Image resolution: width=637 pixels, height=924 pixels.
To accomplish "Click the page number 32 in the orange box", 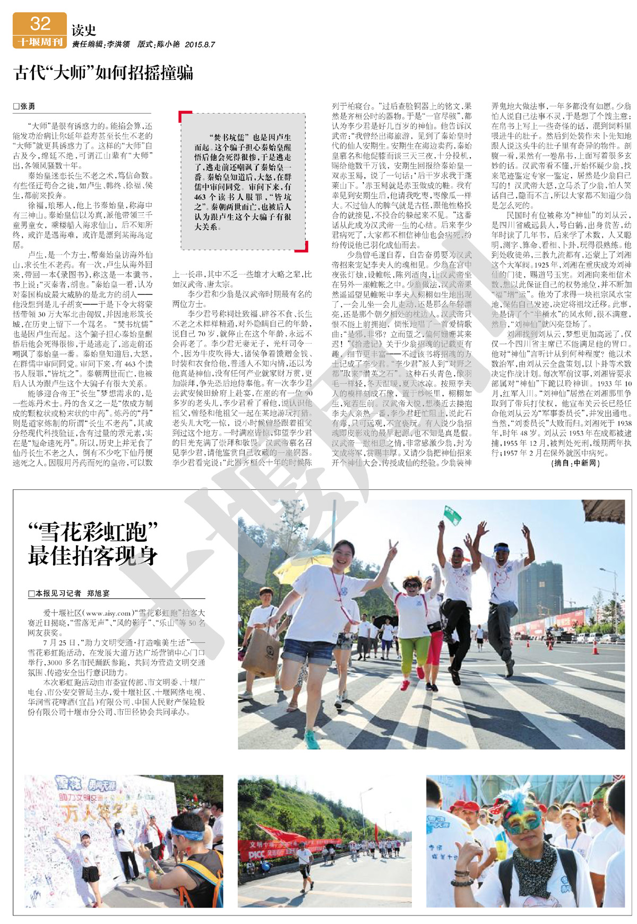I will click(x=40, y=24).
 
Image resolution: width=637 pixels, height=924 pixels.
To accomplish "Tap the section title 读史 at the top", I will click(x=84, y=30).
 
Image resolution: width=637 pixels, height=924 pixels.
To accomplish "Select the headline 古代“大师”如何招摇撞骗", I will click(x=104, y=73).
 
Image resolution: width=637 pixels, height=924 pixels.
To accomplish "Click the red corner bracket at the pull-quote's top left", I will click(x=184, y=116).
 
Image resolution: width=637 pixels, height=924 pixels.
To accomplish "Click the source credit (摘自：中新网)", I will click(x=575, y=463).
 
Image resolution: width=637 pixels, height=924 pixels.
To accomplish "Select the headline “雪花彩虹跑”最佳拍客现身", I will click(x=93, y=544).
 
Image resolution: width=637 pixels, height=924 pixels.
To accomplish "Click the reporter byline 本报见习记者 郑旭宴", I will click(x=69, y=594).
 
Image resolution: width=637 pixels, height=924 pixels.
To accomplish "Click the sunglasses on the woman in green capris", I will click(x=411, y=586).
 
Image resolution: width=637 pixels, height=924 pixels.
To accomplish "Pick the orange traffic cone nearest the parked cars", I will click(x=595, y=648).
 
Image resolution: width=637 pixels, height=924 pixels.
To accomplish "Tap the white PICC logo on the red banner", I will click(x=257, y=855).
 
